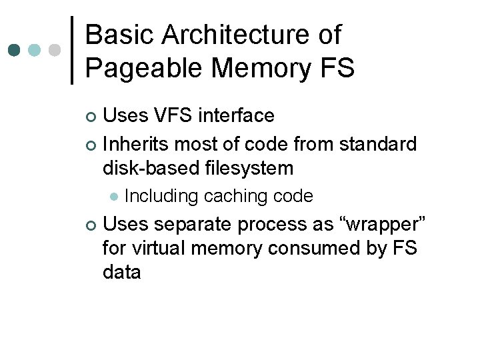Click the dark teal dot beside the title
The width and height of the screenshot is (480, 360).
tap(15, 50)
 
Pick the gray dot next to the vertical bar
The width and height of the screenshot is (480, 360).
tap(55, 50)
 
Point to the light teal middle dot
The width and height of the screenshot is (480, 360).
tap(35, 50)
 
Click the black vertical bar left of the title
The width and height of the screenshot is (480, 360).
tap(72, 50)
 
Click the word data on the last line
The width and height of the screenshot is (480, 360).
tap(122, 272)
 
